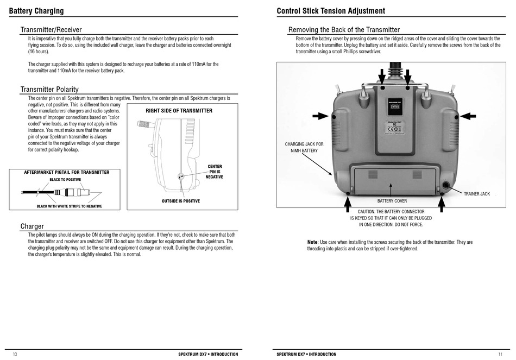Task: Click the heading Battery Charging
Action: [x=36, y=11]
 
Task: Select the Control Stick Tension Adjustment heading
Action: [x=331, y=11]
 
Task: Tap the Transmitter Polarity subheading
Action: [x=49, y=89]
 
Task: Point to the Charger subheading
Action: [x=32, y=226]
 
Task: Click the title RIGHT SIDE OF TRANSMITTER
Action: [x=179, y=111]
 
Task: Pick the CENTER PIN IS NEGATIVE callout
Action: [x=215, y=172]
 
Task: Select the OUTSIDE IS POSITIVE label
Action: [x=180, y=201]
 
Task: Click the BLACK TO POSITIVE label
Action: [x=65, y=179]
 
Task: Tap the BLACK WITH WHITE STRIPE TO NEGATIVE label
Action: [x=69, y=206]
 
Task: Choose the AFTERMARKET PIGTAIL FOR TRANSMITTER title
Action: [x=67, y=172]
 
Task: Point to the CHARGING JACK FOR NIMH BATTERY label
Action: [x=304, y=147]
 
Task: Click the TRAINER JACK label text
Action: [x=476, y=194]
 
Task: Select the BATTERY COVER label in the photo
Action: [x=392, y=201]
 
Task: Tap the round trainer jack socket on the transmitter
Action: [x=446, y=185]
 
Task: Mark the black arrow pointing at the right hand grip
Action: [x=468, y=116]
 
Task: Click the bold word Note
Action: [x=312, y=242]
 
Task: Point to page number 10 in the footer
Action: [x=15, y=354]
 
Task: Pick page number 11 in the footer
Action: [x=500, y=354]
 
